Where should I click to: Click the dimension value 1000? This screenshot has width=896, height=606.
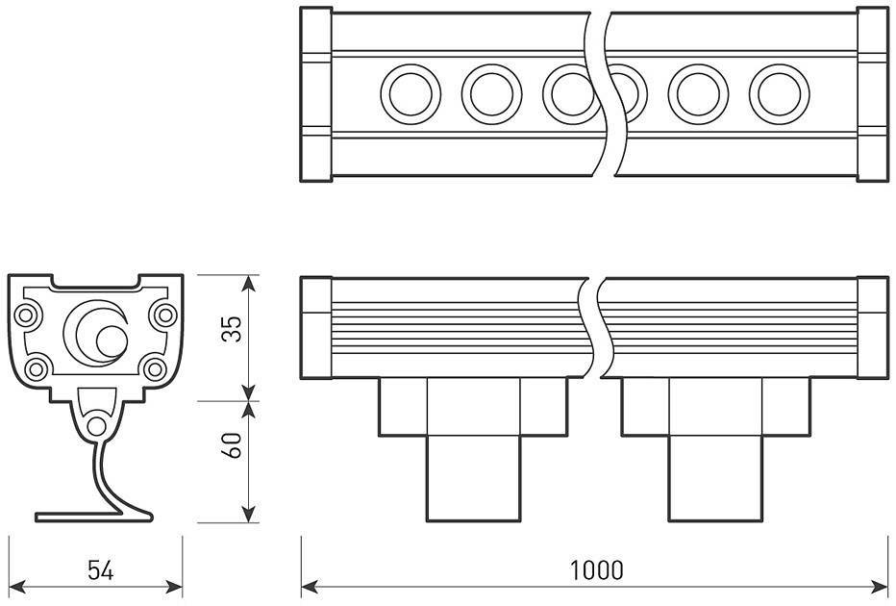coord(596,569)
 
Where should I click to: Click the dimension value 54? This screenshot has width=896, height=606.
coord(101,570)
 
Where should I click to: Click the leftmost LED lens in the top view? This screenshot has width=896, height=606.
coord(411,94)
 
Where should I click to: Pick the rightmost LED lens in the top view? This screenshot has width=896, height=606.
coord(780,94)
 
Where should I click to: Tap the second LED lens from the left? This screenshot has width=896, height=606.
coord(491,94)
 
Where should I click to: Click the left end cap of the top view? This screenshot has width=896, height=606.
coord(316,94)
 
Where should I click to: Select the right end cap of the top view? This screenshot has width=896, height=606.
coord(872,94)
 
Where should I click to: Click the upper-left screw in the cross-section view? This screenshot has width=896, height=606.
coord(27,314)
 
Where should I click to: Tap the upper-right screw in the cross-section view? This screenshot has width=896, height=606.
coord(164,314)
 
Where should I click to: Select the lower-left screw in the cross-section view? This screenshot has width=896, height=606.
coord(37,367)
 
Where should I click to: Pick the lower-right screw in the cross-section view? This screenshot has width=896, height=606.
coord(154,367)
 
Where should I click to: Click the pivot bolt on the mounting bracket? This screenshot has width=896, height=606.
coord(96,426)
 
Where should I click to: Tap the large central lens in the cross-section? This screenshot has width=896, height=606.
coord(96,332)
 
